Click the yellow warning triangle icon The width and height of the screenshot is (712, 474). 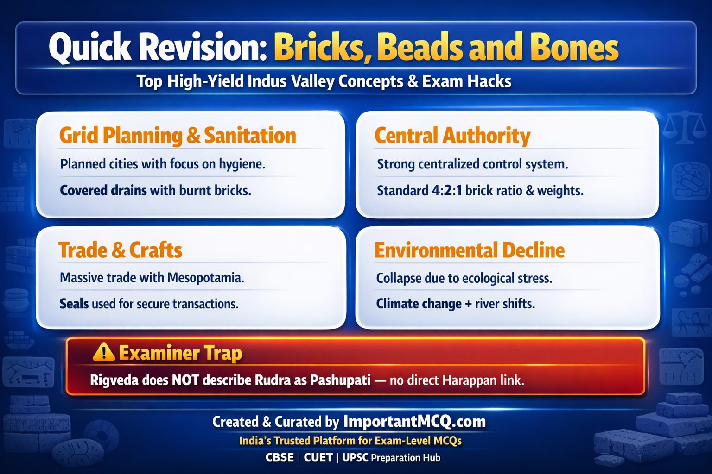tap(104, 352)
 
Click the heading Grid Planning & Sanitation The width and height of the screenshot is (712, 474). tap(178, 136)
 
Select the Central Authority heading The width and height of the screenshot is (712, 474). tap(452, 136)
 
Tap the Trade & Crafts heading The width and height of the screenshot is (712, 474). tap(120, 250)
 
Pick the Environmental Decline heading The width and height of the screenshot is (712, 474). tap(469, 250)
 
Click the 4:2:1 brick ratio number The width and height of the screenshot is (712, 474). tap(446, 191)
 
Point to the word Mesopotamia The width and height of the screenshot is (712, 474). tap(205, 278)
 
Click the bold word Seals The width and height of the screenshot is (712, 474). tap(74, 304)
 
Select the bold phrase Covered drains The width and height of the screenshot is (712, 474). tap(103, 191)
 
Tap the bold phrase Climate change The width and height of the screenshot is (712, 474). tap(419, 304)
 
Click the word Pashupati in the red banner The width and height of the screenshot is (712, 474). tap(340, 380)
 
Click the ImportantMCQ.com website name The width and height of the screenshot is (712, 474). tap(414, 422)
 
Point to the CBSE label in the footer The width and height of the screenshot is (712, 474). tap(280, 458)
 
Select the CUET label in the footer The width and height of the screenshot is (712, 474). tap(318, 458)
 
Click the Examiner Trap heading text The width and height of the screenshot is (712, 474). tap(180, 353)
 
